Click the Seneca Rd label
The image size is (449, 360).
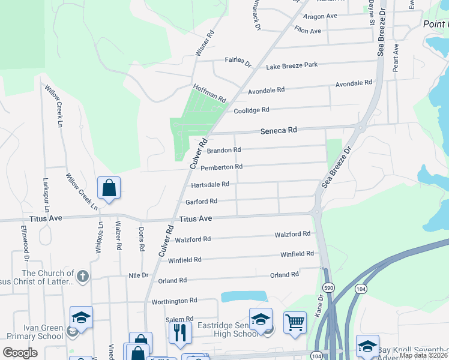tap(279, 130)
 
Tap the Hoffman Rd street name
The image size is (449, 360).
tap(209, 93)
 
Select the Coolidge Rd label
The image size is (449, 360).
tap(251, 110)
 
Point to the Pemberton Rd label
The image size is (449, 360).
tap(221, 167)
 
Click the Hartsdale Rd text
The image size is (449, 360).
tap(209, 185)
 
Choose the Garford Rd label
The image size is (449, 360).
tap(201, 202)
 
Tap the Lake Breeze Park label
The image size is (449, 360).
tap(292, 65)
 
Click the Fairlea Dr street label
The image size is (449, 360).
tap(238, 60)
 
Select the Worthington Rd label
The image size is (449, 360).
tap(174, 301)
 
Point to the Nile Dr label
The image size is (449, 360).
tap(138, 275)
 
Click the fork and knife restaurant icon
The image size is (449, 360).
tap(179, 331)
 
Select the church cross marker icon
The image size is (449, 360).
tap(83, 277)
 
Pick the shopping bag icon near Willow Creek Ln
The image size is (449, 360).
tap(109, 188)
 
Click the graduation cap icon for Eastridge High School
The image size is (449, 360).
tap(261, 319)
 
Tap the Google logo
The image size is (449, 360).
tap(20, 353)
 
